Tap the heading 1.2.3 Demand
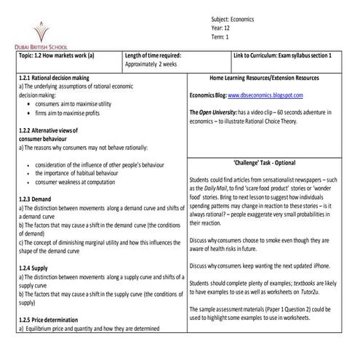tap(35, 198)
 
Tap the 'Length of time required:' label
tap(153, 55)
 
